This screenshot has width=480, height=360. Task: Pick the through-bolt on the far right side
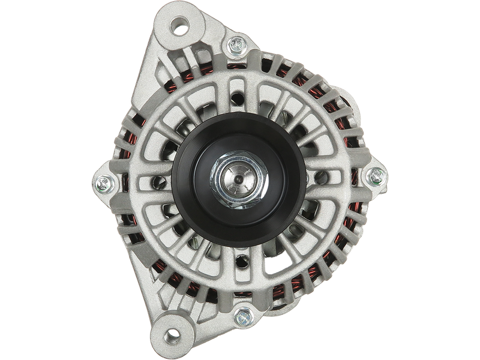[x=376, y=175]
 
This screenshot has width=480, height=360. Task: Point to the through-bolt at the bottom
[x=242, y=314]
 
